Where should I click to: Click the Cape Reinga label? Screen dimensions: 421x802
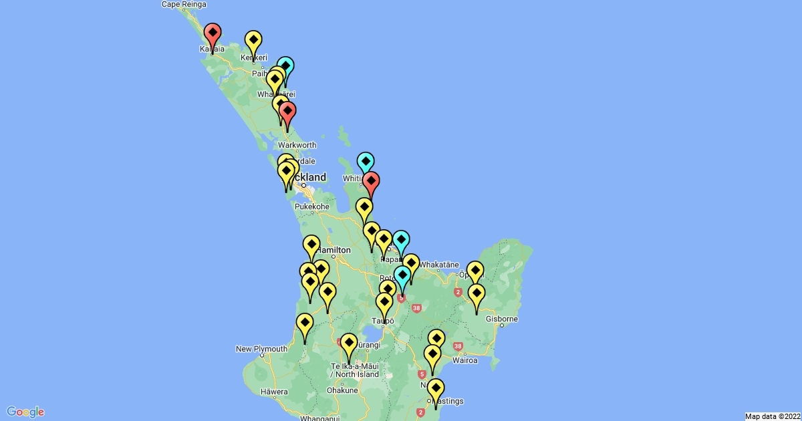pyautogui.click(x=182, y=5)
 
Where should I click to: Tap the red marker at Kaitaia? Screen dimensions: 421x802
pyautogui.click(x=213, y=33)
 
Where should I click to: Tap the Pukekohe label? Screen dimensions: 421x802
pyautogui.click(x=312, y=207)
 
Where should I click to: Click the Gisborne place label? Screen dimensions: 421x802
pyautogui.click(x=501, y=319)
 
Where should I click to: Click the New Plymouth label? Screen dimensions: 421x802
pyautogui.click(x=261, y=349)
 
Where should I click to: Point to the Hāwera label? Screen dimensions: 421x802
pyautogui.click(x=274, y=392)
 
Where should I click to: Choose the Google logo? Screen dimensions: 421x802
pyautogui.click(x=25, y=412)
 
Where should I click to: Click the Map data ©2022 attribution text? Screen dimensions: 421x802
pyautogui.click(x=771, y=416)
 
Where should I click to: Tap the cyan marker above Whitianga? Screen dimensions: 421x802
pyautogui.click(x=365, y=162)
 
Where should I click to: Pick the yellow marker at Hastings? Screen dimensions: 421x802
pyautogui.click(x=436, y=388)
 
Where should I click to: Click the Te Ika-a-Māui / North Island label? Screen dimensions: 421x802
pyautogui.click(x=354, y=370)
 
